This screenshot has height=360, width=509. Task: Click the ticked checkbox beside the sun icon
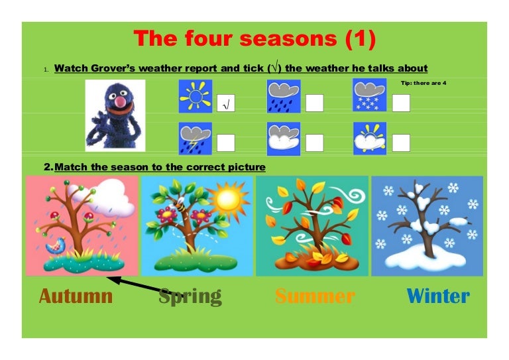tap(226, 103)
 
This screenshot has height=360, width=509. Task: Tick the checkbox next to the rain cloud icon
tap(314, 103)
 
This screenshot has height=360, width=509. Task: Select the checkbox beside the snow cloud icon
tap(401, 103)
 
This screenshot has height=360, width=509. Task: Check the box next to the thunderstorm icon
tap(226, 143)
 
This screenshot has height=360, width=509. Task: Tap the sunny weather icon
tap(195, 97)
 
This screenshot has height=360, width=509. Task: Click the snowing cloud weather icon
tap(369, 95)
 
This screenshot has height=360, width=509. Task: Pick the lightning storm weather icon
tap(195, 138)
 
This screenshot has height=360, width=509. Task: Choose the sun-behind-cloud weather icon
tap(369, 138)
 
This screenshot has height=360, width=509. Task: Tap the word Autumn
tap(76, 296)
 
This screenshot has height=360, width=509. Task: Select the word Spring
tap(190, 296)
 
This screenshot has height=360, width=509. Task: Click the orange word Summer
tap(315, 296)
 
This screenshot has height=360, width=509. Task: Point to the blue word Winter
tap(438, 296)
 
